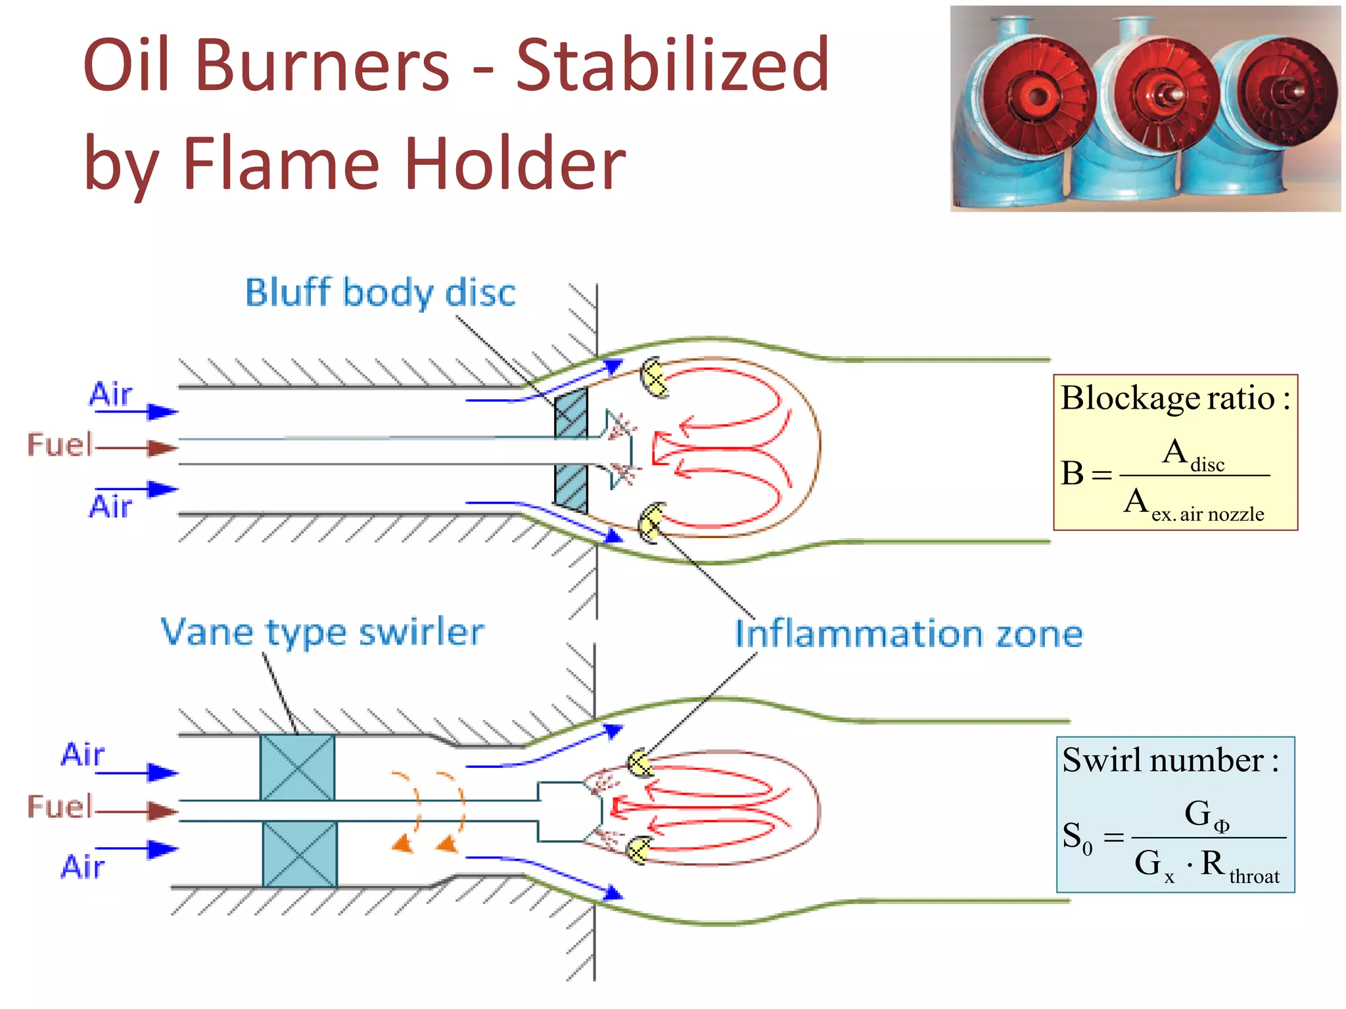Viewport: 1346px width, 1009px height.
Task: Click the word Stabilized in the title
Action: tap(672, 66)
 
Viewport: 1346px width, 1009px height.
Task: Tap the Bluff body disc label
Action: tap(380, 293)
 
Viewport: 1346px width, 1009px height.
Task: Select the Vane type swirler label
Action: tap(322, 633)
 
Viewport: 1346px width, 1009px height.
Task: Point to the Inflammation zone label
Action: tap(908, 634)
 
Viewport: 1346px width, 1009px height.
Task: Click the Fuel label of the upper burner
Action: tap(59, 445)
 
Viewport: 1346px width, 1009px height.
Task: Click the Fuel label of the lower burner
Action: tap(59, 807)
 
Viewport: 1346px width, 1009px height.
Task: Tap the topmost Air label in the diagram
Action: tap(110, 394)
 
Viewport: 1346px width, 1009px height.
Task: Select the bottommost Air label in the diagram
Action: tap(83, 866)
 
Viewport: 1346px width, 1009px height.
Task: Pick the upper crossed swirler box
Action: tap(298, 767)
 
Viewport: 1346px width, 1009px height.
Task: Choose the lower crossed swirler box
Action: tap(300, 854)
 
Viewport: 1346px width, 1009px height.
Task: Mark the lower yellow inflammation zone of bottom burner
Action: tap(638, 850)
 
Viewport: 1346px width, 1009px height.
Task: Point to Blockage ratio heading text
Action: tap(1175, 398)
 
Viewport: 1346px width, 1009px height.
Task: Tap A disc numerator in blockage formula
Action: tap(1192, 455)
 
